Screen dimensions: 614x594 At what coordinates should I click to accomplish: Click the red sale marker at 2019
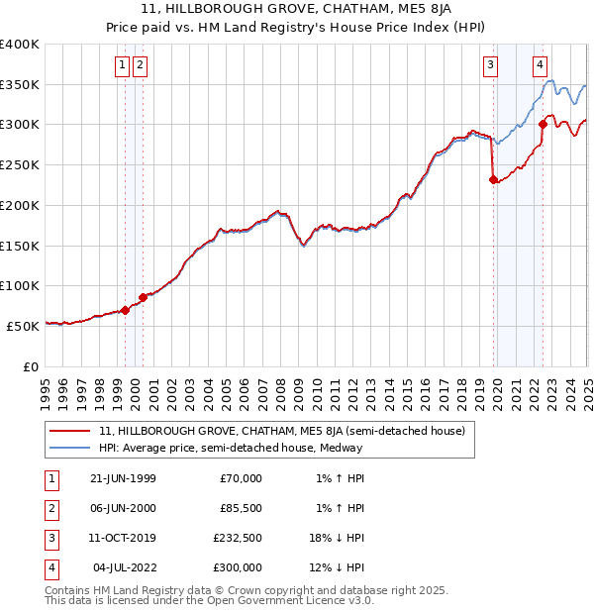(x=493, y=179)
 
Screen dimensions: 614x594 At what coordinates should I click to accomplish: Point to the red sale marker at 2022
(x=543, y=124)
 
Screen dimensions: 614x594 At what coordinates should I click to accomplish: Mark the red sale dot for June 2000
(x=143, y=296)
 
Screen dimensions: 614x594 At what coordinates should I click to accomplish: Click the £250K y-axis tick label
(x=20, y=164)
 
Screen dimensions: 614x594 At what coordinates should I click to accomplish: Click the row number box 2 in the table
(x=49, y=508)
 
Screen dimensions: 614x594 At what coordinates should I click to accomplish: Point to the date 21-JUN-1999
(x=123, y=478)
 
